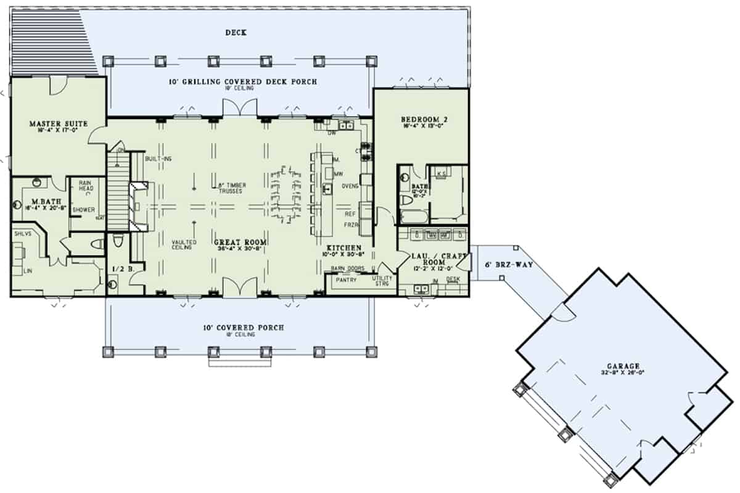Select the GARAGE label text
click(x=625, y=365)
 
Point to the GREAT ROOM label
click(x=240, y=242)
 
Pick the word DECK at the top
click(x=236, y=33)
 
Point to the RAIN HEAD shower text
click(x=83, y=185)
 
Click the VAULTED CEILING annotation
click(x=184, y=245)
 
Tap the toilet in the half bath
click(x=112, y=284)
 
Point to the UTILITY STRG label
click(x=382, y=281)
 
